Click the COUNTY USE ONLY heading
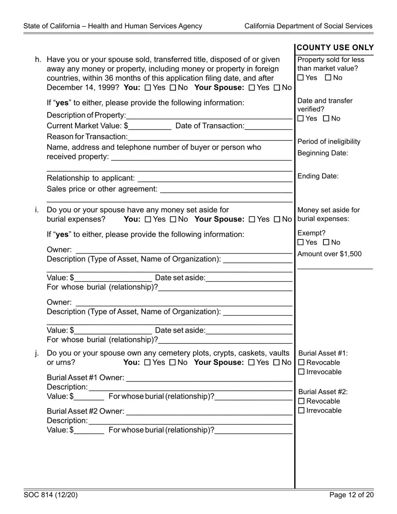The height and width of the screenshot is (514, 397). (x=335, y=48)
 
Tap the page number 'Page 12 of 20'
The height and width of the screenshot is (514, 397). (x=351, y=495)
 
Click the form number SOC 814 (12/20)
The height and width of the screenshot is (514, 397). (x=51, y=495)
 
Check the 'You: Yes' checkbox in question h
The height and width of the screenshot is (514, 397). (x=148, y=88)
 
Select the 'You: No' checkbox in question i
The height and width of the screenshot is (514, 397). (x=173, y=219)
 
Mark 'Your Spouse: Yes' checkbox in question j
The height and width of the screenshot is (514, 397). (x=251, y=363)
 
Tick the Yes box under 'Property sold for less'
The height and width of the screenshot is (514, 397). (x=301, y=78)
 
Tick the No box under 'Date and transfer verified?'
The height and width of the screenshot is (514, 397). (x=327, y=119)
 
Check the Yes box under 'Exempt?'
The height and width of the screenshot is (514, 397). (x=301, y=242)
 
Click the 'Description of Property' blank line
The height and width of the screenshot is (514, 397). (x=209, y=116)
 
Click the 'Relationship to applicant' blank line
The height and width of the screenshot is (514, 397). (x=214, y=179)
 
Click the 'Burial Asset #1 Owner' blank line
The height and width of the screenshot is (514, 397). (x=209, y=379)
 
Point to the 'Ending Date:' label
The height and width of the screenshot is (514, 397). (x=318, y=176)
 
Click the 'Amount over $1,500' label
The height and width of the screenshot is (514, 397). (x=329, y=254)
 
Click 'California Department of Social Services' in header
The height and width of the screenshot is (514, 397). (x=308, y=26)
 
